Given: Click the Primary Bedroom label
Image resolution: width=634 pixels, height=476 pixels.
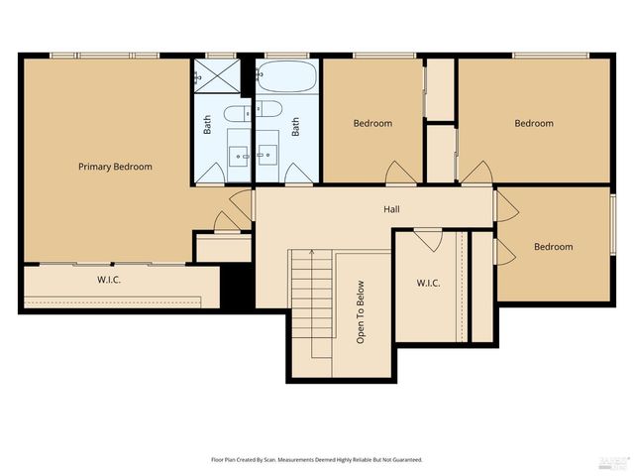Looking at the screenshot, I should coord(115,167).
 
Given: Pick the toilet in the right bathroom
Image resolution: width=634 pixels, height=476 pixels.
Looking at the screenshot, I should coord(269,109).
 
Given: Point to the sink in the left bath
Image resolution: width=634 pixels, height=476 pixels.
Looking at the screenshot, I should coord(240,154).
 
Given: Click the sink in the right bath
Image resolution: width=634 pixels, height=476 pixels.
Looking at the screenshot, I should coord(267,154).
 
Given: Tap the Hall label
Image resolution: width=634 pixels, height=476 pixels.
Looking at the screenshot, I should coord(392,210).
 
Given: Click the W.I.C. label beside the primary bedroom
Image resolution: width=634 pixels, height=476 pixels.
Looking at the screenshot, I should coord(109,280).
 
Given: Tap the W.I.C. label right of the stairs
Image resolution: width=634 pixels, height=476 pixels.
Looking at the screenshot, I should coord(428,284).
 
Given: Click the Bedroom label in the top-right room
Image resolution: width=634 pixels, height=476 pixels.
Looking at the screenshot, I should coord(533,123).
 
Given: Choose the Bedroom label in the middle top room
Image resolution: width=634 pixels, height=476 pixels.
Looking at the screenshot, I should coord(373,123).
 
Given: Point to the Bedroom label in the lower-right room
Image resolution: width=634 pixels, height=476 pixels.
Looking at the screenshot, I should coord(553,247).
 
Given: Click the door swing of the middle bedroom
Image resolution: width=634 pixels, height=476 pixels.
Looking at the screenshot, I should coord(401,173).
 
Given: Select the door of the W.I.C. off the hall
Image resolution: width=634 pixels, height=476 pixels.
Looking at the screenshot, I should coord(428,238).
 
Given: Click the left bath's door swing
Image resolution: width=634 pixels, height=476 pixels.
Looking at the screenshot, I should coord(209,174).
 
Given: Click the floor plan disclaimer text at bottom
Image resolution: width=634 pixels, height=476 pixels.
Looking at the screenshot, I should coord(317,459).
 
